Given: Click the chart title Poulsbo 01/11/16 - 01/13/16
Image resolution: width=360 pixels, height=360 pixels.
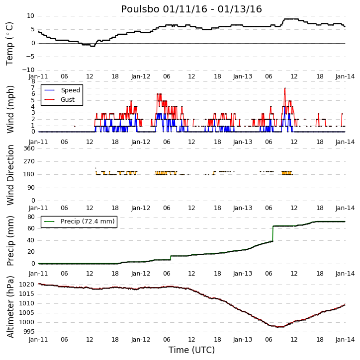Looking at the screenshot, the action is (x=191, y=9).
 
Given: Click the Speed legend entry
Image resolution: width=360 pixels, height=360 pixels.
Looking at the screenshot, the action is (x=62, y=90).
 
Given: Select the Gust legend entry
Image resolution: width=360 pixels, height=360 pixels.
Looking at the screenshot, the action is (x=60, y=100).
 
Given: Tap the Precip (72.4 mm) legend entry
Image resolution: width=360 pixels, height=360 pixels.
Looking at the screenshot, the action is (x=80, y=221).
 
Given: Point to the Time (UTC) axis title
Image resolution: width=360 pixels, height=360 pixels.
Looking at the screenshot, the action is (x=191, y=350).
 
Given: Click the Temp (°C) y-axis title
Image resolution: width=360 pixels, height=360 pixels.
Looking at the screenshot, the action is (x=9, y=44).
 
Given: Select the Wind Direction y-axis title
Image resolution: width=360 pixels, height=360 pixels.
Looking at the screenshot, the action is (x=10, y=175).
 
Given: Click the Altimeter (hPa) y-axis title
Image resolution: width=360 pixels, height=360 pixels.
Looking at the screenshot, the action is (x=10, y=307).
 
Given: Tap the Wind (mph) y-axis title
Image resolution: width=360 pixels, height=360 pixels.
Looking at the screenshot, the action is (x=10, y=109).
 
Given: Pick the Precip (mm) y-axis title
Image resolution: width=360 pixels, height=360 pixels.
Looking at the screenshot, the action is (x=10, y=241).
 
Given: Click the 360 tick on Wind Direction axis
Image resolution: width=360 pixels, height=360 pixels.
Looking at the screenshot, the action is (x=29, y=148).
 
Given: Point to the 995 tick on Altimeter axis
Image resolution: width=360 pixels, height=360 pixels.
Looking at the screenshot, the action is (x=29, y=332).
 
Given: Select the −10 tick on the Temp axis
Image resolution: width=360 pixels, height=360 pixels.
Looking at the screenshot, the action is (x=28, y=70).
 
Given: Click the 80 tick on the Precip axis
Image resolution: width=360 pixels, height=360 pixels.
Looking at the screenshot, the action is (x=31, y=217).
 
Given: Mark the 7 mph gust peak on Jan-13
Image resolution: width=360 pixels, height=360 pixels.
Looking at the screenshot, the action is (x=285, y=88).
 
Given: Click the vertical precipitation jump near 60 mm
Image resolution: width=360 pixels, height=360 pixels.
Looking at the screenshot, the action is (x=272, y=234).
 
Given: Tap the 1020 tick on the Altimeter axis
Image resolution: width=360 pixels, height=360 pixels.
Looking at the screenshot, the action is (x=27, y=285).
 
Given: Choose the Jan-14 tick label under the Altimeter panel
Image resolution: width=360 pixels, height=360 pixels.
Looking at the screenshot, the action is (x=345, y=340).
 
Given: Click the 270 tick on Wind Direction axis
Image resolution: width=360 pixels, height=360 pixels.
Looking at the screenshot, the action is (x=29, y=161).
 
